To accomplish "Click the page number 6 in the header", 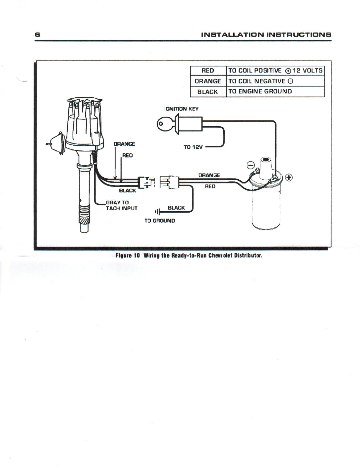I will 37,35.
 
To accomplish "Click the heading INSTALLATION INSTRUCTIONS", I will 266,35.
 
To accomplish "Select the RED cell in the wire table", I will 208,71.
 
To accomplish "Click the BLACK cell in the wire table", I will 208,92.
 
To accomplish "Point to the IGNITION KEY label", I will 181,109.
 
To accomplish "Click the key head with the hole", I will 162,123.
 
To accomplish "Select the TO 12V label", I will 193,147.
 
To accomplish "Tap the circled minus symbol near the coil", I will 251,166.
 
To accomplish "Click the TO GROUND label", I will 159,221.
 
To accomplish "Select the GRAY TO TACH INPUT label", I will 121,205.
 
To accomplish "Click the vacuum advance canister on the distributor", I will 56,143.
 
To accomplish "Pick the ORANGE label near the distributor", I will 124,144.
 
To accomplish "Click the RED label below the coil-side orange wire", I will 210,186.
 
